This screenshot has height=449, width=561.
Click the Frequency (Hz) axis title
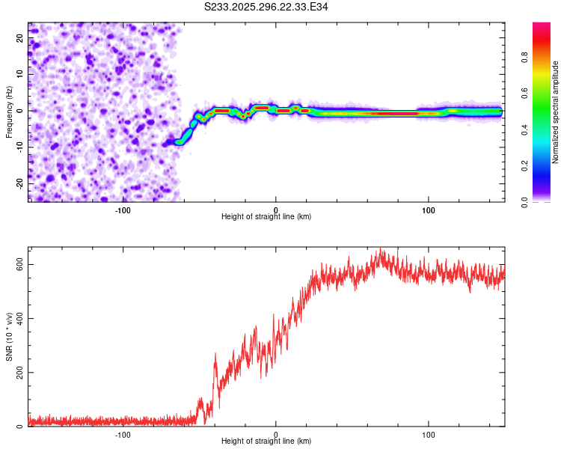click(9, 111)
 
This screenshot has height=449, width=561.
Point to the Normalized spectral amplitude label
click(555, 112)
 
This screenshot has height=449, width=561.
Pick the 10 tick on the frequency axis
click(20, 74)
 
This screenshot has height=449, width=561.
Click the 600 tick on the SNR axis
click(20, 265)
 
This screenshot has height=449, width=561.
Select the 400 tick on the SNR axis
click(20, 319)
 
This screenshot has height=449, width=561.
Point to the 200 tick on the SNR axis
click(20, 373)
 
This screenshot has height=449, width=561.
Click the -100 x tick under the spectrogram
click(123, 210)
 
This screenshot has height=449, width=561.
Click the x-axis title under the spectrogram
click(266, 216)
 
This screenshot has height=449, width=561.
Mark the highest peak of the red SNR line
click(381, 249)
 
